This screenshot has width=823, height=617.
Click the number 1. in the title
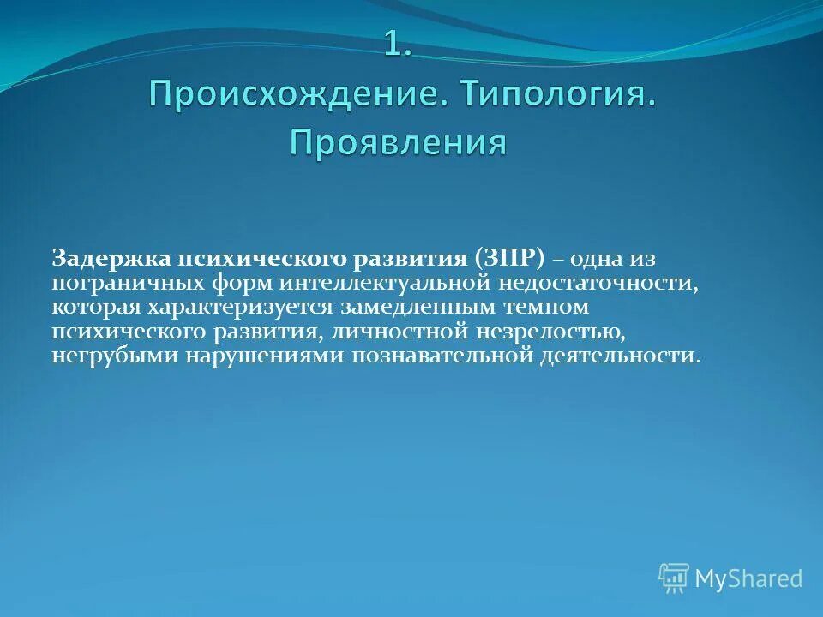click(398, 45)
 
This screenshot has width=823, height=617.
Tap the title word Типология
click(561, 93)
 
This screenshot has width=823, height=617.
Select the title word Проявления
click(398, 142)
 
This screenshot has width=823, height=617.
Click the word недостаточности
click(600, 282)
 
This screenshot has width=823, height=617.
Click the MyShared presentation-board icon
click(674, 578)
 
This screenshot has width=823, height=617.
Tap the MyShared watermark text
click(748, 579)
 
